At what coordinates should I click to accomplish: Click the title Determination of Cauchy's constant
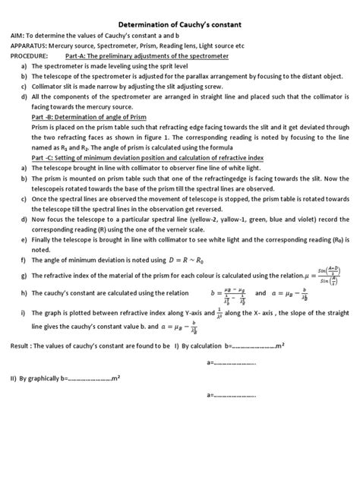pos(180,23)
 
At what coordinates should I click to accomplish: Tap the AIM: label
pos(17,36)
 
